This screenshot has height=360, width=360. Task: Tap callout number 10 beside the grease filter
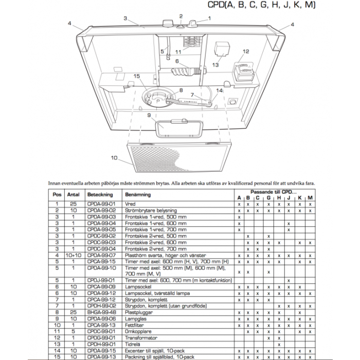click(x=114, y=157)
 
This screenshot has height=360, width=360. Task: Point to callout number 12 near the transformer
click(x=246, y=51)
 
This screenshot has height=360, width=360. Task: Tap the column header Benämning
click(x=138, y=195)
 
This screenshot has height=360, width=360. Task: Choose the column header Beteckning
click(x=100, y=195)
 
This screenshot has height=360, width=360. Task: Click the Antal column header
click(x=74, y=195)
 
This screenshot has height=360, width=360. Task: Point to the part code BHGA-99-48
click(x=101, y=312)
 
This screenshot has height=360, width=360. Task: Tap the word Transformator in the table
click(x=141, y=338)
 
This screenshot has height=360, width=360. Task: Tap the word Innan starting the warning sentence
click(x=55, y=183)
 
